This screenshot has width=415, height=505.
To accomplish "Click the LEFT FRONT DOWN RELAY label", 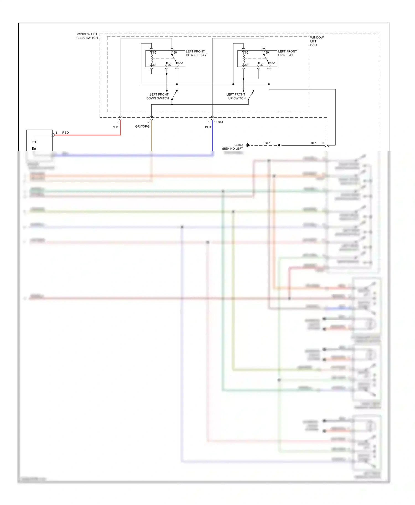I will click(196, 53).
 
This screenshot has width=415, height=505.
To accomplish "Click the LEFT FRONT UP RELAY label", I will click(287, 53).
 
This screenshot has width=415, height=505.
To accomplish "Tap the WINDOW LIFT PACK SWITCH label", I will click(87, 36).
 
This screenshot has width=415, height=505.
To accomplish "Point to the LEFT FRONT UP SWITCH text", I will click(236, 96).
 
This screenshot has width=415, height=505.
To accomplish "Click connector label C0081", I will click(219, 122).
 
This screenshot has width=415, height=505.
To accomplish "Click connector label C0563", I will click(238, 145).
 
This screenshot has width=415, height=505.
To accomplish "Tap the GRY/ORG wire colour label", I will click(142, 127).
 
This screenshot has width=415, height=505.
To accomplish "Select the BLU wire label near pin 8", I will click(208, 127).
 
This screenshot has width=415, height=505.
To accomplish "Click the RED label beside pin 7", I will click(115, 127).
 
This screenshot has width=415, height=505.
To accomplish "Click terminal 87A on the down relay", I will click(180, 63).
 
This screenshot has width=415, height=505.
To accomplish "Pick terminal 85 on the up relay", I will click(247, 52).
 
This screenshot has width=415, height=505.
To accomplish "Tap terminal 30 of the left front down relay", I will click(175, 52).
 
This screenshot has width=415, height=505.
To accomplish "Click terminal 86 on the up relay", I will click(247, 65).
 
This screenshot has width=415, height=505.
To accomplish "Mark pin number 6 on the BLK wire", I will click(323, 143).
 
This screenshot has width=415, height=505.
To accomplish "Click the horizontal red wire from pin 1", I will click(89, 135).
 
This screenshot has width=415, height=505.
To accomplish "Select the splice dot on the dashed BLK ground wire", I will click(279, 145).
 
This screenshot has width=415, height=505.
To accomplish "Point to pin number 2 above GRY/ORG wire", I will click(149, 122).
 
